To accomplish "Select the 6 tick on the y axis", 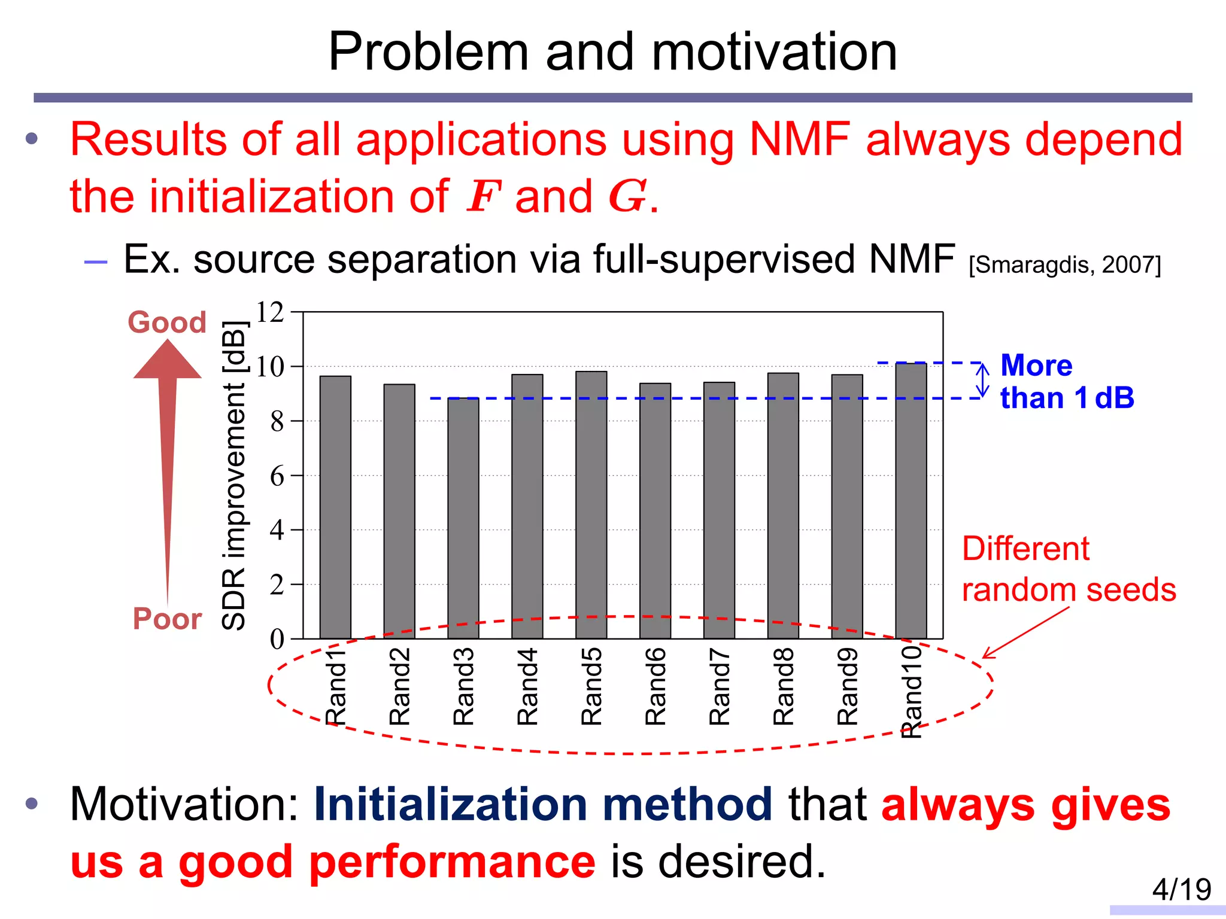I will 277,476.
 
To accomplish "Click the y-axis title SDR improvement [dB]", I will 233,476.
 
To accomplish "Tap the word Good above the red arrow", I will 167,322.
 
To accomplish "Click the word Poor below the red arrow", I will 167,619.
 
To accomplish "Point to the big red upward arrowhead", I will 167,360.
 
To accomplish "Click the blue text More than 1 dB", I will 1066,382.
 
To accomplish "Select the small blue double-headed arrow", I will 982,380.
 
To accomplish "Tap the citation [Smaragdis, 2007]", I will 1064,264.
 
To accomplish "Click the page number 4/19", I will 1181,889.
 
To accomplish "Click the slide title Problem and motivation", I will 612,52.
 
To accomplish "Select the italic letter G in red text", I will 627,197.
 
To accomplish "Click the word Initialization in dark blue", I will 450,804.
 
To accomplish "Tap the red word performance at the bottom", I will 452,862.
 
